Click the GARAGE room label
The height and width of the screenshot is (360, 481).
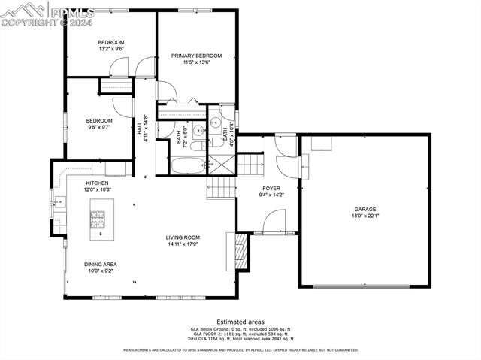(365, 210)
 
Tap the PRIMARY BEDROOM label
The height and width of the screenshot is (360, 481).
(196, 56)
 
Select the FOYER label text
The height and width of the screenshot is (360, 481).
(271, 189)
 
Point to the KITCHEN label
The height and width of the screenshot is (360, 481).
(97, 183)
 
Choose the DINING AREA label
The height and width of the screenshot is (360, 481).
(100, 264)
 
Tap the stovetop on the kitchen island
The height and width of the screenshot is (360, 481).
(98, 220)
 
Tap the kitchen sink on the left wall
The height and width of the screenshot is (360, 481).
(59, 201)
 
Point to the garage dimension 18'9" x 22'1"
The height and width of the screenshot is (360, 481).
(365, 216)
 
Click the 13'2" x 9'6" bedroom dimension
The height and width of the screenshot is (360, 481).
(110, 49)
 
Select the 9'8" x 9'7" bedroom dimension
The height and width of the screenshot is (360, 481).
(98, 128)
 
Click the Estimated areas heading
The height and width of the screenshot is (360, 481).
(240, 321)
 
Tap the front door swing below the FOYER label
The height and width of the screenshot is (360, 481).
(274, 222)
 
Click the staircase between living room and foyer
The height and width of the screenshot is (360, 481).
(221, 187)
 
